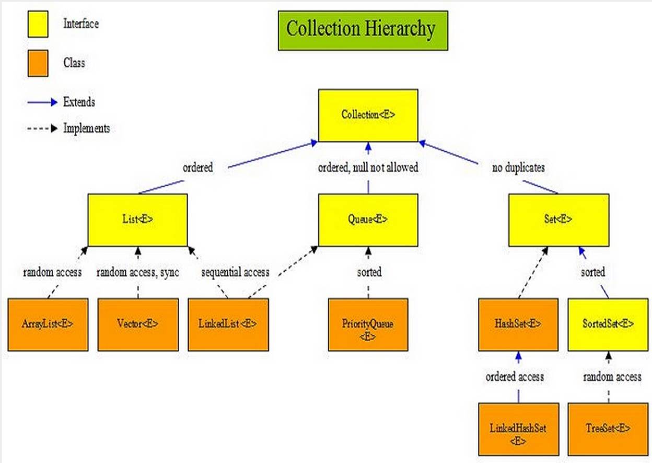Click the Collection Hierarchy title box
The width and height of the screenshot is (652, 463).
pyautogui.click(x=363, y=31)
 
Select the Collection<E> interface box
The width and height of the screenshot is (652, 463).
pyautogui.click(x=368, y=115)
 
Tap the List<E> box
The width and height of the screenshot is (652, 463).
pyautogui.click(x=138, y=220)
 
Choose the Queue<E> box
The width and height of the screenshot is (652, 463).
pyautogui.click(x=368, y=220)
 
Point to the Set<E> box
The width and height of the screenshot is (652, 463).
pyautogui.click(x=558, y=220)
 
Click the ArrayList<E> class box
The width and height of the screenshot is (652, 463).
pyautogui.click(x=48, y=325)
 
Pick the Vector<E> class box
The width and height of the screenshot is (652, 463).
pyautogui.click(x=138, y=325)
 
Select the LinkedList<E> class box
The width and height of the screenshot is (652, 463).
pyautogui.click(x=228, y=325)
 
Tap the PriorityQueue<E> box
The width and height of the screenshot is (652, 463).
pyautogui.click(x=368, y=325)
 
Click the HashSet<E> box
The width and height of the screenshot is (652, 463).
pyautogui.click(x=518, y=325)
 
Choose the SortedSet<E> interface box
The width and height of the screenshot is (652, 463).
pyautogui.click(x=608, y=325)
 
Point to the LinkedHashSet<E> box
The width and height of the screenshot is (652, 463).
pyautogui.click(x=519, y=429)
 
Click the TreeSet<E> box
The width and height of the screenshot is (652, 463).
pyautogui.click(x=608, y=429)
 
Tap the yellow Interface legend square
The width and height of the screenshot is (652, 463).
pyautogui.click(x=38, y=24)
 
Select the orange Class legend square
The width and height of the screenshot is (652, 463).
pyautogui.click(x=38, y=63)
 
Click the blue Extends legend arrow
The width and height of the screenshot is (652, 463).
pyautogui.click(x=42, y=102)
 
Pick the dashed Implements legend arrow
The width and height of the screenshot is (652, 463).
pyautogui.click(x=42, y=128)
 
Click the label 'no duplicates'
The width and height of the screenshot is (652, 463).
pyautogui.click(x=518, y=168)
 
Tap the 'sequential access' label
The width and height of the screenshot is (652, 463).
pyautogui.click(x=235, y=273)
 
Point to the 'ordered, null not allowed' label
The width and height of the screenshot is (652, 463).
pyautogui.click(x=368, y=168)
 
